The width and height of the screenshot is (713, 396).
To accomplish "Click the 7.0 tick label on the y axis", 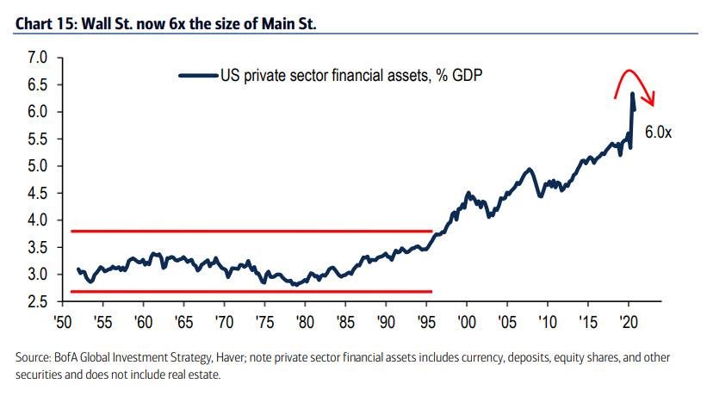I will tap(37, 59).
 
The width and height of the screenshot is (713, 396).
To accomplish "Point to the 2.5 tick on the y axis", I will tap(37, 301).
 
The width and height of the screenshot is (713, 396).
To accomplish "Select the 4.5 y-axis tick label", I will tap(37, 194).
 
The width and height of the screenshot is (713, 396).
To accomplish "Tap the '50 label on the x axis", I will tap(63, 321).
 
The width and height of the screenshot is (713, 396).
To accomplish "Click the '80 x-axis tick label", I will tap(304, 321).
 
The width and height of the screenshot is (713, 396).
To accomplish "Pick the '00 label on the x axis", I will tap(467, 321).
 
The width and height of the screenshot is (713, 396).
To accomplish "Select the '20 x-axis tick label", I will tap(628, 321).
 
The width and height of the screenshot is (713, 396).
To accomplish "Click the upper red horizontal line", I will tap(250, 231).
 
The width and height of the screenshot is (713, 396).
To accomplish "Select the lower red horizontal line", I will tap(250, 291).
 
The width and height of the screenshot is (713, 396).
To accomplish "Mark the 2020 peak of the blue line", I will tap(632, 93).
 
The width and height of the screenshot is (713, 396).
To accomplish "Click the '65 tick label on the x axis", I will tap(183, 321).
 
